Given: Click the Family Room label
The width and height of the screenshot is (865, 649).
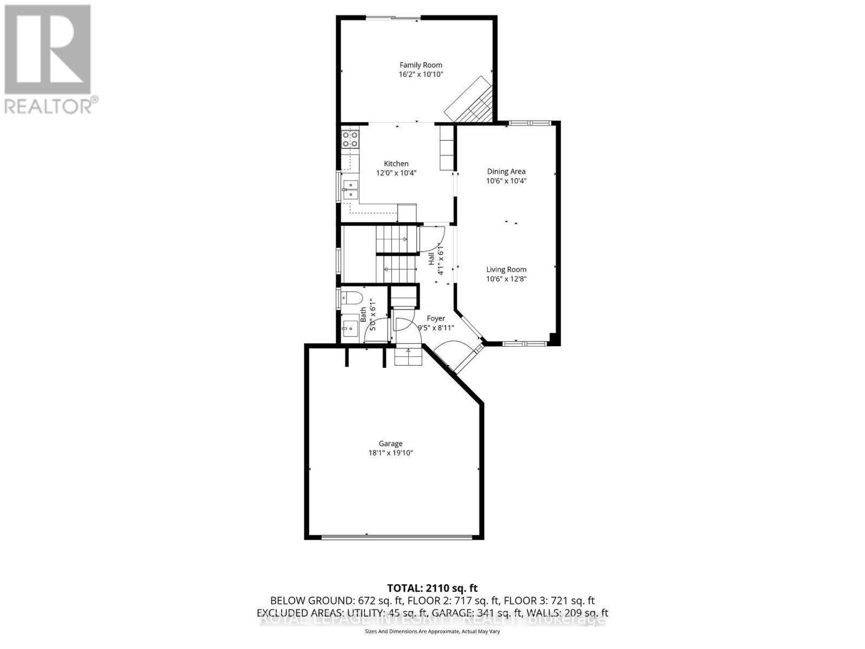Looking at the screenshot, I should (x=421, y=65).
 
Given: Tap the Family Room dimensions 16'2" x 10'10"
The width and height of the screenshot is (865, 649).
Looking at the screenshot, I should (x=421, y=75).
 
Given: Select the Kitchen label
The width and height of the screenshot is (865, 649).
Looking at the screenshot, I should (x=396, y=163).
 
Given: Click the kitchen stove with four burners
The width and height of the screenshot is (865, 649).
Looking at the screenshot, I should (x=350, y=139).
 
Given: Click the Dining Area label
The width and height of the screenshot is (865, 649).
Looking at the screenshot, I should (x=506, y=171).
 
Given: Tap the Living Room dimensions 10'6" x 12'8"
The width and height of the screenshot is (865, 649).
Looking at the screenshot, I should (x=506, y=279).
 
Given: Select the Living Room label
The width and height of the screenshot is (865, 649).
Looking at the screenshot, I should (x=506, y=269).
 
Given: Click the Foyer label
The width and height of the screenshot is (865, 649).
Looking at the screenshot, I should (x=436, y=319).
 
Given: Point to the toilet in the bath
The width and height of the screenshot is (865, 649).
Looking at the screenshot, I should (x=351, y=297).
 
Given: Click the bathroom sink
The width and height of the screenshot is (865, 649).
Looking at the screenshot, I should (x=349, y=327).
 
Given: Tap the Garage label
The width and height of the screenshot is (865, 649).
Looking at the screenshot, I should (x=390, y=443).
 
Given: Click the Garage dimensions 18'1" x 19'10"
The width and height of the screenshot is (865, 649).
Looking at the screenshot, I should (x=390, y=453).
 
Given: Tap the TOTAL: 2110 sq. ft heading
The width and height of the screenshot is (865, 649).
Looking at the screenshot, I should (x=432, y=588).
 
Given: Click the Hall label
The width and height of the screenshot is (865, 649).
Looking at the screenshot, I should (x=431, y=259).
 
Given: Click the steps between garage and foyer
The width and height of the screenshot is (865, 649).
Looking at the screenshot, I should (x=408, y=357).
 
